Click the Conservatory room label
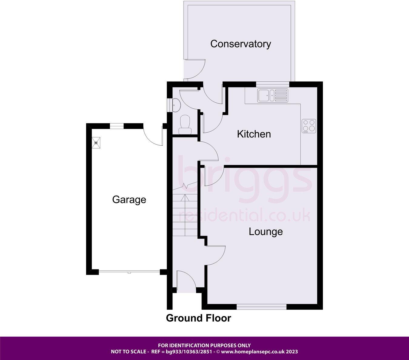point(241,44)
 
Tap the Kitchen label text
point(254,134)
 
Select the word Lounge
point(266,232)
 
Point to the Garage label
point(129,200)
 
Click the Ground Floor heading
point(198,318)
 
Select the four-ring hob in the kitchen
point(309,126)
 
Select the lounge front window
point(261,307)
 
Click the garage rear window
point(117,125)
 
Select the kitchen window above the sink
point(273,84)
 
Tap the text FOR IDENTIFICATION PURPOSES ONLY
point(204,345)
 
